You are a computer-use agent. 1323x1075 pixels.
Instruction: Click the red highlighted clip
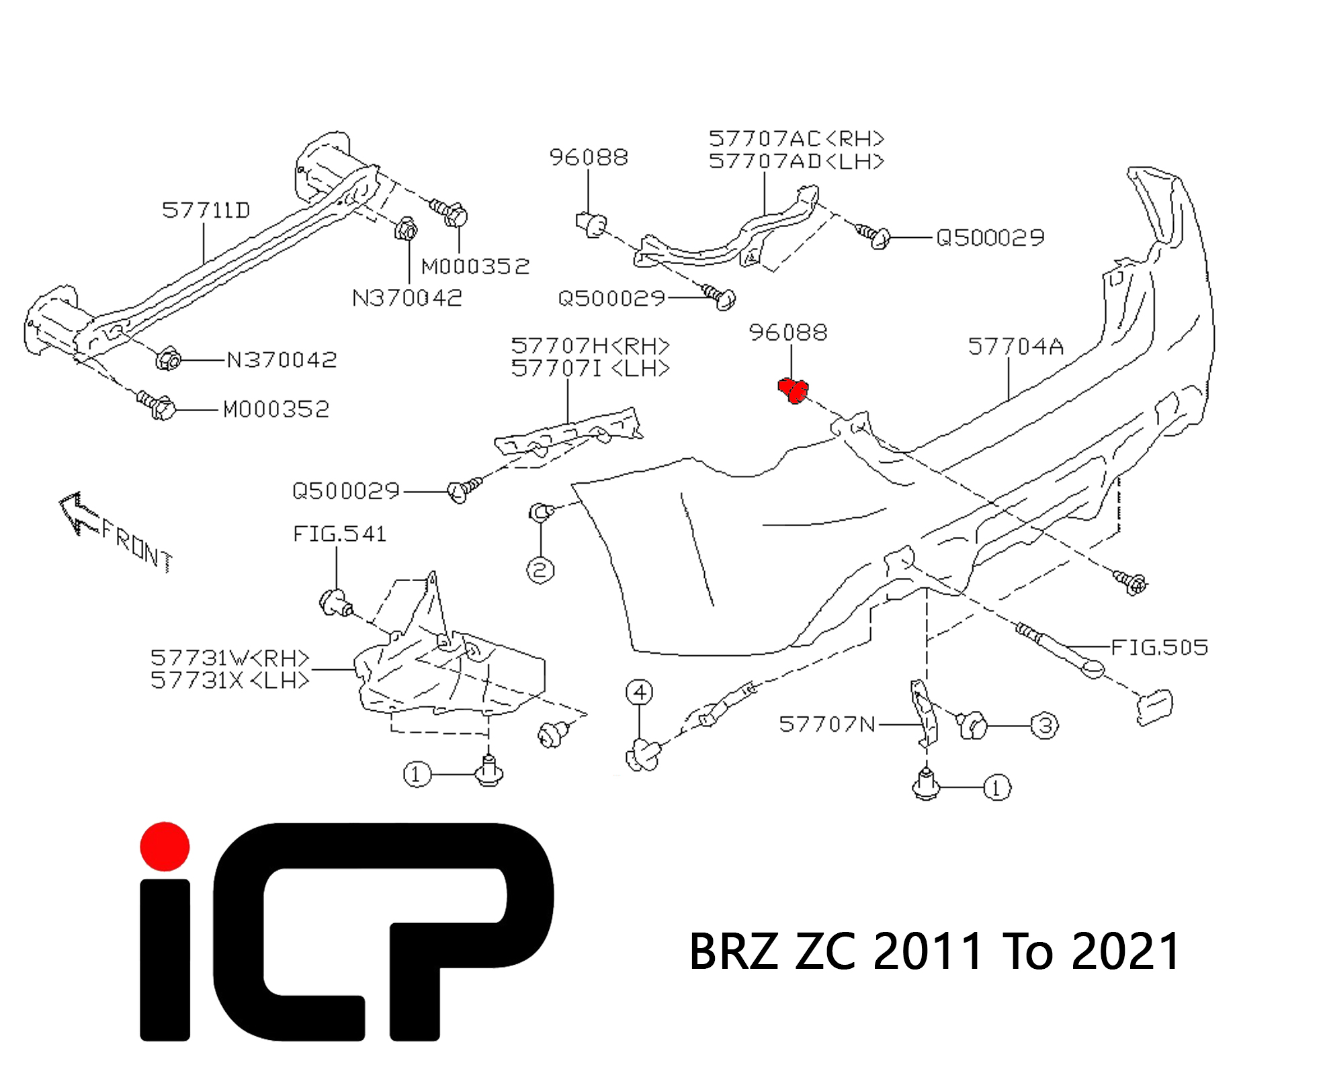tap(793, 390)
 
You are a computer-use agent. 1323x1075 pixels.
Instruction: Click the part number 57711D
tap(206, 210)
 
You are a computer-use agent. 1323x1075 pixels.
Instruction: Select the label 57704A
tap(1015, 347)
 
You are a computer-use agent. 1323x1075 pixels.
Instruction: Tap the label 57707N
tap(827, 724)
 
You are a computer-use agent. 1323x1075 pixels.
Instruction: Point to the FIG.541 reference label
tap(339, 534)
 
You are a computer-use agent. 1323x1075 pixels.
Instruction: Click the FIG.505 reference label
tap(1159, 647)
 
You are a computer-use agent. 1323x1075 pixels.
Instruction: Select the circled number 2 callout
tap(540, 570)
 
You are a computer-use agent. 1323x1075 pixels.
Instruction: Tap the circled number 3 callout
tap(1045, 726)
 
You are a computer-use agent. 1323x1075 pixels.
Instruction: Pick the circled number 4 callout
tap(639, 692)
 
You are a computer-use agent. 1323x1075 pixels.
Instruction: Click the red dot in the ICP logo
tap(165, 847)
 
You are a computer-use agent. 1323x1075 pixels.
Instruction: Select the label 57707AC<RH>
tap(796, 139)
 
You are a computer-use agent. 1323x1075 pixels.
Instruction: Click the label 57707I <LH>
tap(590, 369)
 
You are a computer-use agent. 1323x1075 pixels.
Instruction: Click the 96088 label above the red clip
tap(788, 333)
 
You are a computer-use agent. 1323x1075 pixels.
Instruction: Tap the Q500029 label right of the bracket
tap(990, 237)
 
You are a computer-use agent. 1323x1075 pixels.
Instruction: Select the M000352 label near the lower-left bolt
tap(276, 409)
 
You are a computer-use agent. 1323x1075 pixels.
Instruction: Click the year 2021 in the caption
tap(1125, 952)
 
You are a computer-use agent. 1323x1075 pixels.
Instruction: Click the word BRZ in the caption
tap(733, 952)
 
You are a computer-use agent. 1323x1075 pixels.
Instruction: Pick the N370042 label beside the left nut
tap(282, 360)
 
